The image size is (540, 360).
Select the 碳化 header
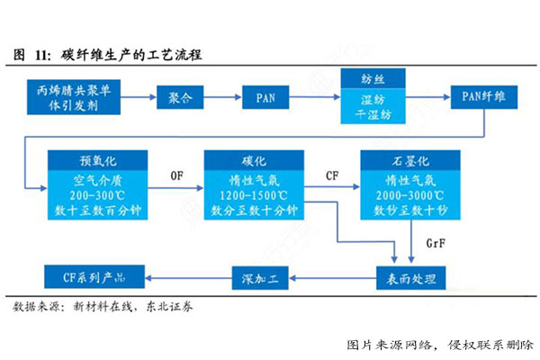248,161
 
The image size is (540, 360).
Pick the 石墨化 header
404,161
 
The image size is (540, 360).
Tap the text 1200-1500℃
248,194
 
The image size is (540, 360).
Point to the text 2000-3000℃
404,194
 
